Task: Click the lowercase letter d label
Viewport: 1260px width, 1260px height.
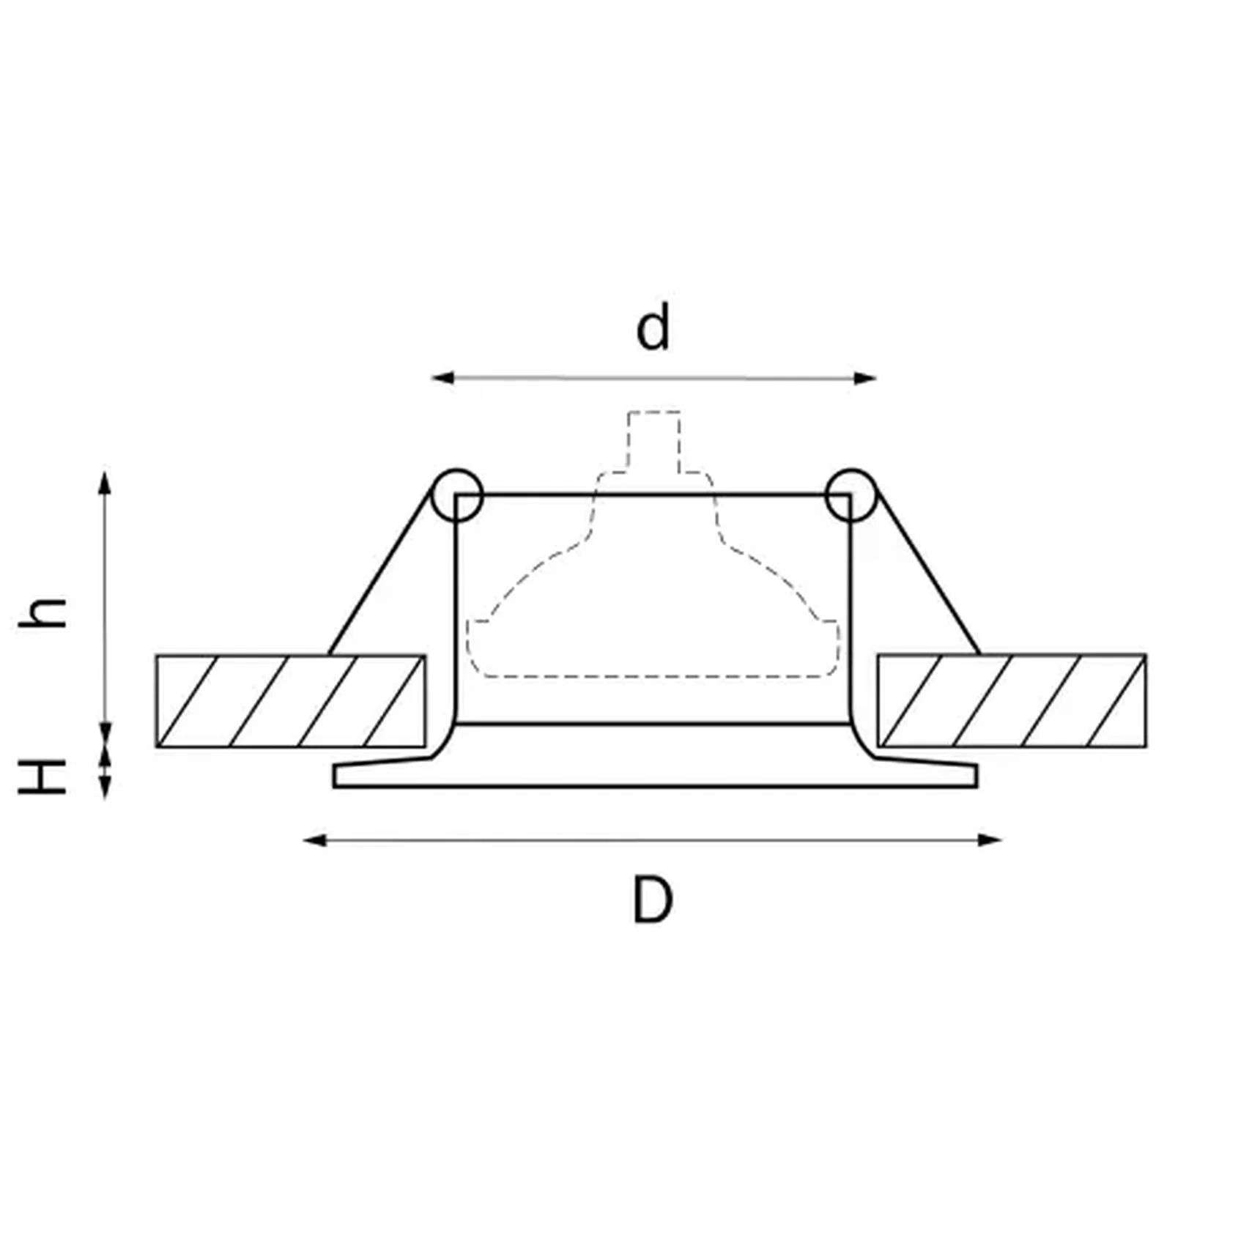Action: pyautogui.click(x=652, y=328)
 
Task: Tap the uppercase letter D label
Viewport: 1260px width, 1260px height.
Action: pyautogui.click(x=652, y=900)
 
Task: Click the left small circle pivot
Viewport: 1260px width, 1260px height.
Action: pyautogui.click(x=457, y=494)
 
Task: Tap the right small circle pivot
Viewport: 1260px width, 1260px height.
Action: pyautogui.click(x=850, y=494)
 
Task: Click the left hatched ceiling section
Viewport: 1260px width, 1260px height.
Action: pyautogui.click(x=290, y=701)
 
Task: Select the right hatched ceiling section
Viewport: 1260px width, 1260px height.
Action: pyautogui.click(x=1012, y=701)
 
